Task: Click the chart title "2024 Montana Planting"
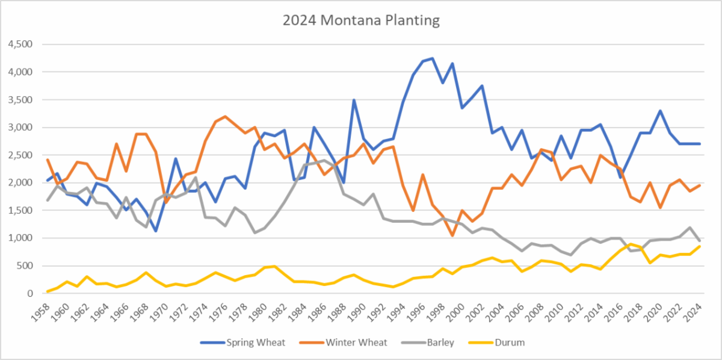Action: pos(361,20)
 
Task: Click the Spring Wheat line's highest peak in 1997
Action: pos(432,58)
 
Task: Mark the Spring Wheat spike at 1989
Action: pos(354,100)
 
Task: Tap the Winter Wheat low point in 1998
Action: pos(451,235)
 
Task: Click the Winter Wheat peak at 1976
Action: pos(225,117)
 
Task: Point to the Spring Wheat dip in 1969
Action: pos(156,231)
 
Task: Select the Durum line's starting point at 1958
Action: pos(48,291)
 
